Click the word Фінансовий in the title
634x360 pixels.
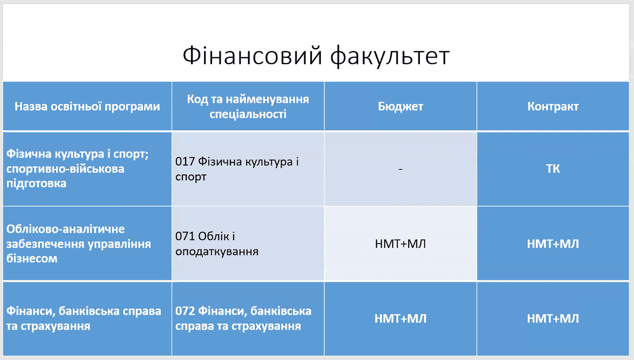253,56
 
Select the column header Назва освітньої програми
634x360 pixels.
87,107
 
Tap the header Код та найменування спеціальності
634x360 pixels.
248,106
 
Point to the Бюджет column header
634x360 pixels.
400,106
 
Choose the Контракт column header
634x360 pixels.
553,106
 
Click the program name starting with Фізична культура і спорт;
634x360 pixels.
78,169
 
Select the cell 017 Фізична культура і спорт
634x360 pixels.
237,169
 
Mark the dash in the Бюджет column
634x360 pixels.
400,169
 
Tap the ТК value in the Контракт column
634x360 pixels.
553,169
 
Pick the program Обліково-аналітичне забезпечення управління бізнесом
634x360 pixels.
78,243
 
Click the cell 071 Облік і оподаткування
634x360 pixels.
217,243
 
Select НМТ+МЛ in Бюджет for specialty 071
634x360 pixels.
400,244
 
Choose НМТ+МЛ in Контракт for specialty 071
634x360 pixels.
553,244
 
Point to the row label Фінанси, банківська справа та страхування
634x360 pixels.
84,318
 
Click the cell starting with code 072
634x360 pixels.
243,318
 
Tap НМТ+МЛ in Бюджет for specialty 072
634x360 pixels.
400,318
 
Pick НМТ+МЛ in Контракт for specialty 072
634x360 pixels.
553,318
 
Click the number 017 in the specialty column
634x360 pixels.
185,162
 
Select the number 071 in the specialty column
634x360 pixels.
185,236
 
